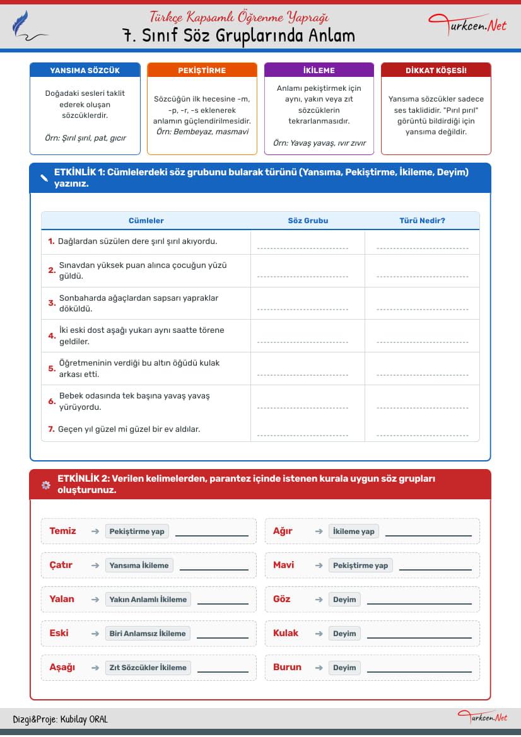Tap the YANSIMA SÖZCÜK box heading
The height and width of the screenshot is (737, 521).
(x=85, y=71)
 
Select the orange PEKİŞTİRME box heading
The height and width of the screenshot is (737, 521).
(x=202, y=71)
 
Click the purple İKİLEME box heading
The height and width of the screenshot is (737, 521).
(x=319, y=71)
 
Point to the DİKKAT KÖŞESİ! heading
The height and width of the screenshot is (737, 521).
(x=436, y=71)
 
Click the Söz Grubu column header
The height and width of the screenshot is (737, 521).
(x=308, y=221)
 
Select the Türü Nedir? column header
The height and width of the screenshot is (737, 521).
(x=422, y=221)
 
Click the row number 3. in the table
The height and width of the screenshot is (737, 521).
(x=52, y=303)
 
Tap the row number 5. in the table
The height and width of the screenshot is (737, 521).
(x=52, y=369)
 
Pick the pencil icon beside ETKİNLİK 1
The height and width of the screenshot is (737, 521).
(x=44, y=178)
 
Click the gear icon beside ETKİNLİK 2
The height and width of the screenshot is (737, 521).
(x=45, y=485)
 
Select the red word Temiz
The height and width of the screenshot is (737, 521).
(x=62, y=531)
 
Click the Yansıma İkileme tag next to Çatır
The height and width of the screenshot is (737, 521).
(x=139, y=566)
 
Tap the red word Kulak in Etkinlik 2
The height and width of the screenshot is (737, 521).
(x=286, y=633)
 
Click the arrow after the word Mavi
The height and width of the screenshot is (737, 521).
(x=319, y=566)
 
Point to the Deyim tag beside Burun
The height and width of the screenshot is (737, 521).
(x=344, y=668)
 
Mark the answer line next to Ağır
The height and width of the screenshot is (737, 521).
(x=428, y=535)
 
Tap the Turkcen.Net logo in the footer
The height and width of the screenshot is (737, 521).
(x=483, y=717)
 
